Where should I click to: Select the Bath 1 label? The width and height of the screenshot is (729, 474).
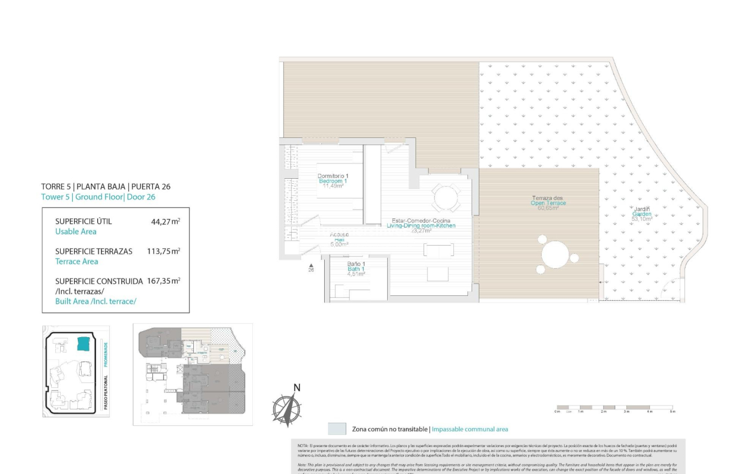click(x=356, y=269)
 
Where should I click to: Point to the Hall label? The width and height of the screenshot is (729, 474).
click(x=339, y=239)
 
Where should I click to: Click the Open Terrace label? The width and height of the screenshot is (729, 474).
click(x=548, y=203)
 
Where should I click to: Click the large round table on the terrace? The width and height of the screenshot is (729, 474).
click(x=558, y=255)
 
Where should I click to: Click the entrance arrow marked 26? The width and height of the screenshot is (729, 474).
click(x=311, y=268)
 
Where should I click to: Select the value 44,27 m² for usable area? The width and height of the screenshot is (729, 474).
click(x=165, y=221)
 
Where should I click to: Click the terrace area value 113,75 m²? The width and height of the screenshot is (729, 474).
click(x=163, y=251)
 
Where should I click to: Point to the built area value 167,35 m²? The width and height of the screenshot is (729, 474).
click(x=163, y=281)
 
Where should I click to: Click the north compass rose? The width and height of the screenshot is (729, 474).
click(x=287, y=410)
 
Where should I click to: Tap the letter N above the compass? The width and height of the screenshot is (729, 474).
click(x=296, y=387)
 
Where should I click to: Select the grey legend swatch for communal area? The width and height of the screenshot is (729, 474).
click(x=336, y=429)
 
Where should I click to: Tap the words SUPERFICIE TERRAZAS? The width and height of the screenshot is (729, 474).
click(x=94, y=251)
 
